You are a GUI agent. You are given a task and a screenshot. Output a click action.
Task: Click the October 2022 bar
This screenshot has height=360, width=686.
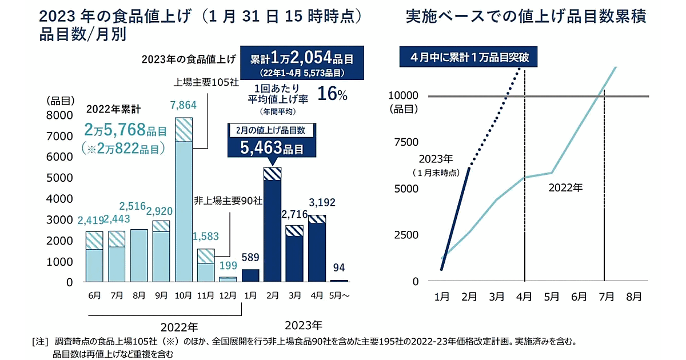[x=184, y=200]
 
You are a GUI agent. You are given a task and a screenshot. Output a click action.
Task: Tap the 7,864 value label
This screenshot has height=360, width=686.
[x=184, y=105]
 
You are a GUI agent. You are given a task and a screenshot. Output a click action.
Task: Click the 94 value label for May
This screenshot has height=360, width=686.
[x=340, y=267]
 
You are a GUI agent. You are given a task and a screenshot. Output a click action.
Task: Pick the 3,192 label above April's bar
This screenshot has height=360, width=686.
[x=318, y=202]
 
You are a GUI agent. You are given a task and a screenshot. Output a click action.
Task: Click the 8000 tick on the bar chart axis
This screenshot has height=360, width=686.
[x=59, y=115]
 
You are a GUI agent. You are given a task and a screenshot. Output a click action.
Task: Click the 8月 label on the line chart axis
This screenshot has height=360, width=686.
[x=633, y=297]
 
